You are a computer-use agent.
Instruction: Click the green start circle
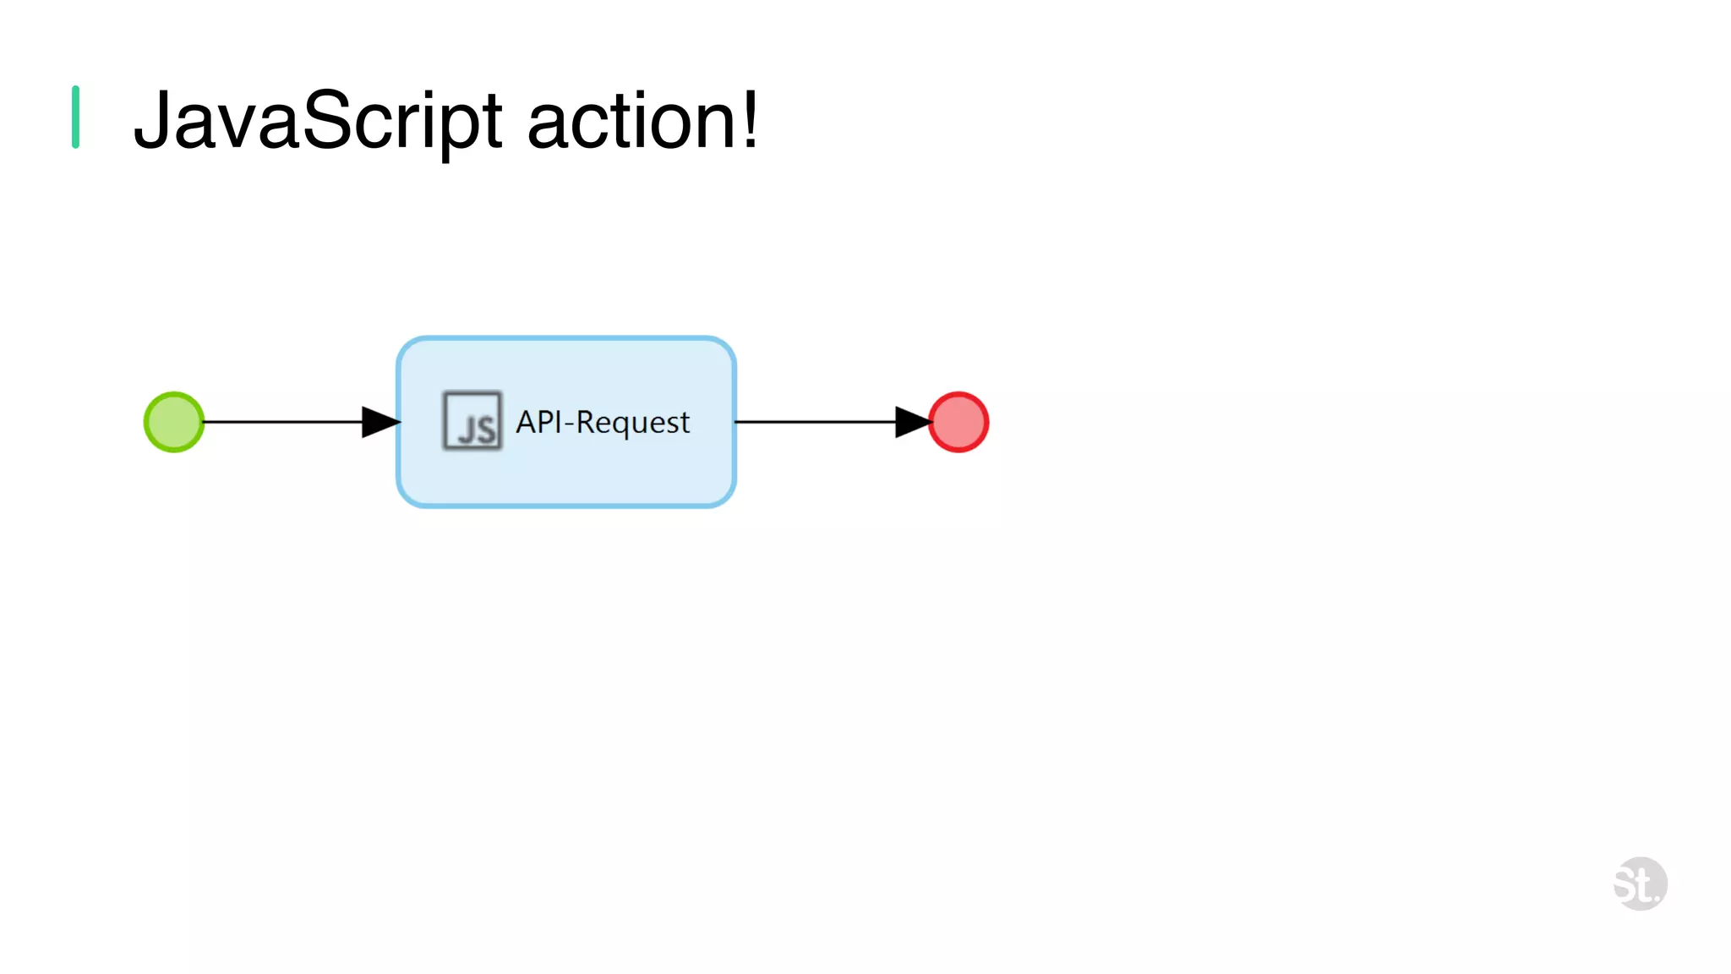[x=174, y=422]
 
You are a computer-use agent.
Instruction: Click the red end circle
[x=958, y=422]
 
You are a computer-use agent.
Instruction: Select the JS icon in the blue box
[x=472, y=420]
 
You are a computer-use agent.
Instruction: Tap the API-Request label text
[x=603, y=422]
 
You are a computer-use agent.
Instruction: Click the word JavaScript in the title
[x=318, y=121]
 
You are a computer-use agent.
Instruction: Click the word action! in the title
[x=642, y=121]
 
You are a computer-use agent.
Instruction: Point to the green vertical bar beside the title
[x=76, y=118]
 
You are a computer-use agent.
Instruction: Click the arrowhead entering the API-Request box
[x=380, y=422]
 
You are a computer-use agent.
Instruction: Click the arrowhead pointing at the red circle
[x=913, y=422]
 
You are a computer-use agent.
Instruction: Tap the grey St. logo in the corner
[x=1640, y=884]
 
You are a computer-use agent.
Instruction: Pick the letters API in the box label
[x=538, y=421]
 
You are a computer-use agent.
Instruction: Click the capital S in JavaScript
[x=326, y=121]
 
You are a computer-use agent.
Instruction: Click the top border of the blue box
[x=566, y=339]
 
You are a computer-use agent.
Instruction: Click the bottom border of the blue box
[x=566, y=505]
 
